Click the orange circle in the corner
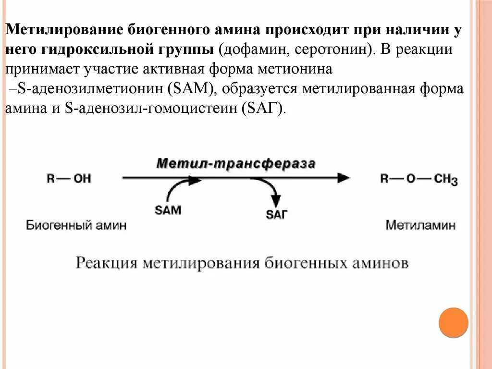click(x=453, y=321)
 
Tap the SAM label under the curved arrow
click(x=168, y=210)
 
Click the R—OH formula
click(x=69, y=179)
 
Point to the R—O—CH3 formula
click(x=418, y=179)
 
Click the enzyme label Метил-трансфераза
click(x=236, y=163)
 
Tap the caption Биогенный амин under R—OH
click(x=76, y=225)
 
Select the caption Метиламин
click(x=420, y=225)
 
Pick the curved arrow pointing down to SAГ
click(x=269, y=190)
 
